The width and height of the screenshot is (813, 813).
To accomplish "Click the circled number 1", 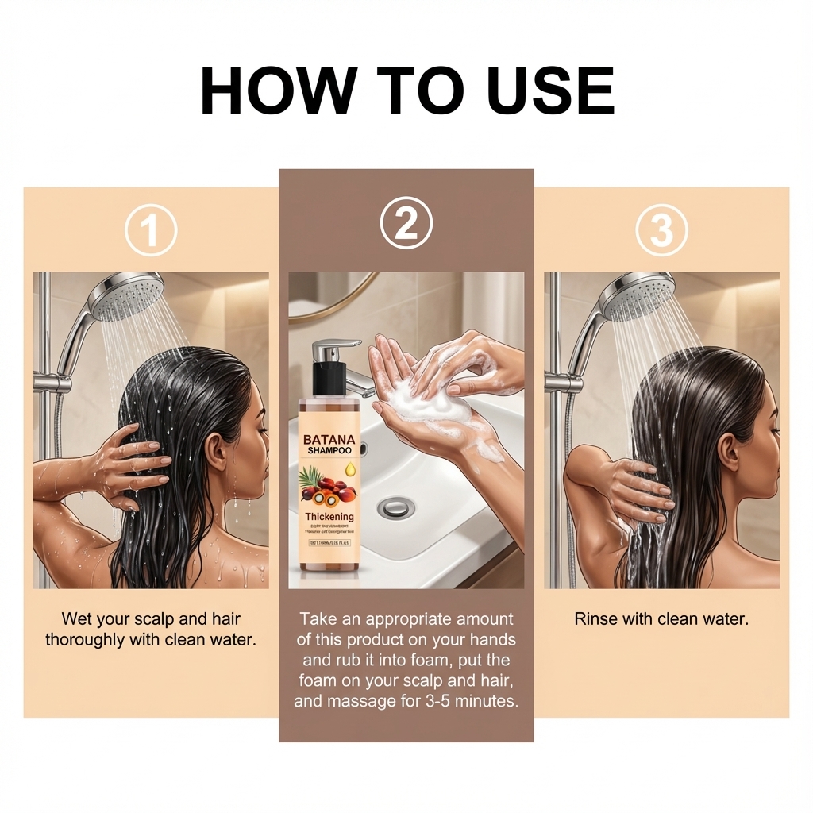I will click(x=151, y=230).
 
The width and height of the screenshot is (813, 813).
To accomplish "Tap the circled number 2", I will click(x=406, y=223).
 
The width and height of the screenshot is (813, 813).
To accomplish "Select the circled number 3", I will click(x=661, y=230).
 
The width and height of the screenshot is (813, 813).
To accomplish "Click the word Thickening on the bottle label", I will click(x=329, y=517).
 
